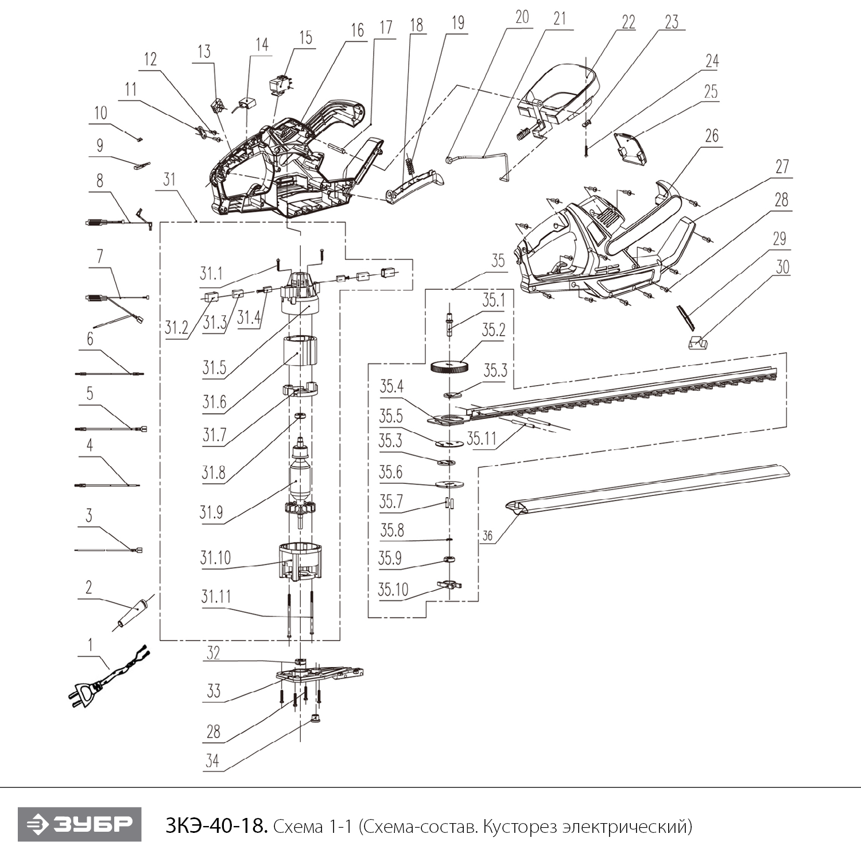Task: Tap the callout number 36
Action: click(487, 536)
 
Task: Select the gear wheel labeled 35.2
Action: click(449, 367)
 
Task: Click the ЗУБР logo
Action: click(79, 825)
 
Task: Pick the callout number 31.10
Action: click(215, 557)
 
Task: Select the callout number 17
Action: click(386, 26)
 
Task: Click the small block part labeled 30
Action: click(697, 342)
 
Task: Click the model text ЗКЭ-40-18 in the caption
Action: click(216, 827)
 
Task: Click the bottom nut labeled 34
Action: click(314, 718)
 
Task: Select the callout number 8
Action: click(100, 180)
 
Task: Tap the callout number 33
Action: click(213, 691)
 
